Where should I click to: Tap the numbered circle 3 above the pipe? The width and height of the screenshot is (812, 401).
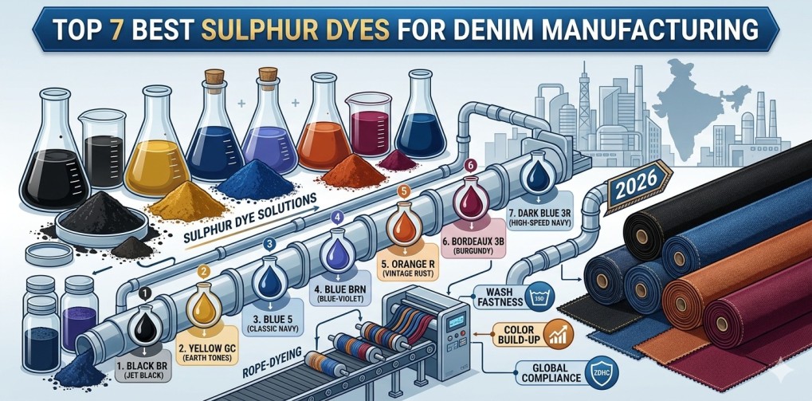pyautogui.click(x=269, y=244)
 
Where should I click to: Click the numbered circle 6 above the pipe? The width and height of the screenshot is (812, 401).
pyautogui.click(x=469, y=165)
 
